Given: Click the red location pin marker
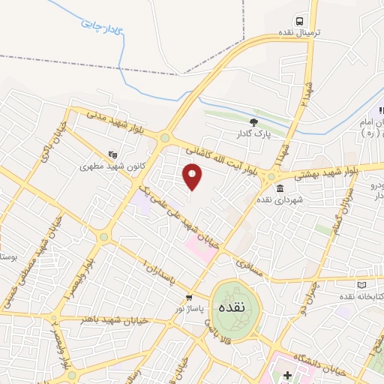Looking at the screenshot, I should click(x=192, y=177).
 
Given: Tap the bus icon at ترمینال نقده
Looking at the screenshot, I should click(x=299, y=21).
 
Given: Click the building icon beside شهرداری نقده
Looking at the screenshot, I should click(x=280, y=188).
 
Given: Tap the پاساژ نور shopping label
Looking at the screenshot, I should click(x=190, y=308).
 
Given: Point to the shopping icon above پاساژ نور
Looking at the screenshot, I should click(x=190, y=296).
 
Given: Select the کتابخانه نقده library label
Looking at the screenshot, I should click(x=361, y=297).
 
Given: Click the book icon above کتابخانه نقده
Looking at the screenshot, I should click(x=362, y=285).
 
